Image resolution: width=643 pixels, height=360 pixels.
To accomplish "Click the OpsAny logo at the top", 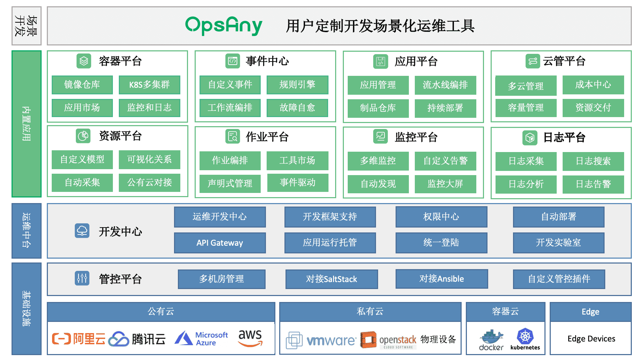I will (x=224, y=26).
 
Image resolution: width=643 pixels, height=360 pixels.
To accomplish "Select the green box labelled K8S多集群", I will (x=149, y=85).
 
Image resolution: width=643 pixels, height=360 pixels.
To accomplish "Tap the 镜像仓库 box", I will (x=82, y=85).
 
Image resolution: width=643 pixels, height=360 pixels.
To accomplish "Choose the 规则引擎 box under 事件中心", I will (x=297, y=85).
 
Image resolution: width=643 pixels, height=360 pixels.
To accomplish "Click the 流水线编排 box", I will (x=445, y=85).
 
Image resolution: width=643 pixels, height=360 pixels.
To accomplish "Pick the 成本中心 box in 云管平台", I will (x=593, y=85).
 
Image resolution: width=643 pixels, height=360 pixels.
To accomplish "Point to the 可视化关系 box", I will (x=149, y=159).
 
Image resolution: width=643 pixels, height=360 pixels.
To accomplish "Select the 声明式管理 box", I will (x=230, y=183).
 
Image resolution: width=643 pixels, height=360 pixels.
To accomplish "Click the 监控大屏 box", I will (x=445, y=184).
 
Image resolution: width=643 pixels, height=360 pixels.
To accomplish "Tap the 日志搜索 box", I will (x=593, y=161).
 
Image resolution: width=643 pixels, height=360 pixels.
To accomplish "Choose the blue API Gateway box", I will (x=220, y=243).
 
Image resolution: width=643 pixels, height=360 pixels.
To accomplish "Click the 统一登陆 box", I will (x=441, y=243).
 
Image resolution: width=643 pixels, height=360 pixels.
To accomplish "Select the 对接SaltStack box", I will (x=332, y=279).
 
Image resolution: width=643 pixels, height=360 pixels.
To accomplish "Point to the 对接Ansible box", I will (x=441, y=279).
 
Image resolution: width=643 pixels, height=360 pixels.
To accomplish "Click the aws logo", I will (x=250, y=338).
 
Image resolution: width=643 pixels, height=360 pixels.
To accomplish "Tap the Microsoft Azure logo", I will (x=202, y=338).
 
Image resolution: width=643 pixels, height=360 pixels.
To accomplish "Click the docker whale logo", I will (x=491, y=337).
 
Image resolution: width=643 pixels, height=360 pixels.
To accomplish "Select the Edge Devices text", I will (x=591, y=339).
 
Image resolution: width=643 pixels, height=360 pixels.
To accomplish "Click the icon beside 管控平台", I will (x=82, y=278).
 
